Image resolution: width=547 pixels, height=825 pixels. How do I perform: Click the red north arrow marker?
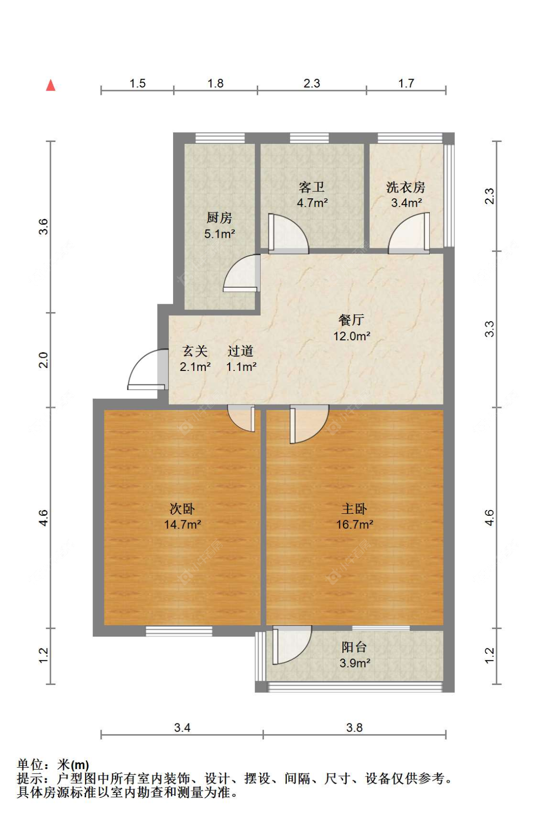tap(51, 86)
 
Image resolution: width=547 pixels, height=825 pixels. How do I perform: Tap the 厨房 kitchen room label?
tap(219, 217)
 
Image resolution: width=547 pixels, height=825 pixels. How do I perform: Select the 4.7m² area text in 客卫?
tap(312, 203)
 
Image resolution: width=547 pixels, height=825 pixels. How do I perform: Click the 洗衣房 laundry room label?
tap(406, 187)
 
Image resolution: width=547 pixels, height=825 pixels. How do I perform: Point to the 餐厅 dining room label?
tap(351, 320)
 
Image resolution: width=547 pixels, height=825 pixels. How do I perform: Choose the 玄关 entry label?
tap(194, 351)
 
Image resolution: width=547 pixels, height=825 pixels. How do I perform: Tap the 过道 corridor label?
tap(241, 351)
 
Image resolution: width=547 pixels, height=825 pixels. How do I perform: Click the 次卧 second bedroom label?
tap(182, 509)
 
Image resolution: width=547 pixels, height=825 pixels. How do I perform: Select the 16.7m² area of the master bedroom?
tap(354, 525)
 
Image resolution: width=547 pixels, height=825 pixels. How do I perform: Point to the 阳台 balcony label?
tap(354, 647)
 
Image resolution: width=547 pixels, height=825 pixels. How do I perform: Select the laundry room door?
tap(410, 234)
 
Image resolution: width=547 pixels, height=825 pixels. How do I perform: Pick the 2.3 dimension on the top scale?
tap(312, 83)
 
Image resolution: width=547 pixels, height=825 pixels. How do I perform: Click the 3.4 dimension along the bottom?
tap(182, 727)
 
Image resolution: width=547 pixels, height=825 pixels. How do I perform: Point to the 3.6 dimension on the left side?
tap(43, 227)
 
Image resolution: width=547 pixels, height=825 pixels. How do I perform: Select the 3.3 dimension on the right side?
tap(489, 329)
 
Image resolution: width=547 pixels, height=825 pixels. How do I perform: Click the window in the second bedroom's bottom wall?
tap(179, 631)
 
